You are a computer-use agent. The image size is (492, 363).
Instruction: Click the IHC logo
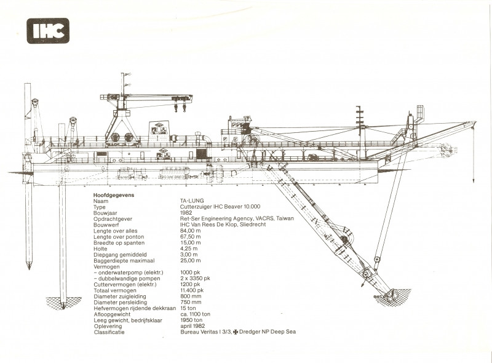click(x=48, y=31)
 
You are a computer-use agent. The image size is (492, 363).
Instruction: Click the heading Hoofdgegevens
click(x=114, y=195)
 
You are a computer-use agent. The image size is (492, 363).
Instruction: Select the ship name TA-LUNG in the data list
click(x=192, y=201)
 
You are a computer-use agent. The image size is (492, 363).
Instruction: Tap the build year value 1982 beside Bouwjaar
click(x=186, y=213)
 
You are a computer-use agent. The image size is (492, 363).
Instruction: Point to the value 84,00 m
click(x=191, y=231)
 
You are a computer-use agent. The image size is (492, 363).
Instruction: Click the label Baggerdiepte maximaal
click(x=124, y=261)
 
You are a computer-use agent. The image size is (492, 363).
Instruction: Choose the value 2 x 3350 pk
click(x=195, y=278)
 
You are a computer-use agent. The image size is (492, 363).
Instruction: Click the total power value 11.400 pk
click(x=192, y=290)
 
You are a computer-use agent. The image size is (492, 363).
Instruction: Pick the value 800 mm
click(x=191, y=296)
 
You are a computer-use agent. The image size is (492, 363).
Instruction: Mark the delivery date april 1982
click(x=192, y=326)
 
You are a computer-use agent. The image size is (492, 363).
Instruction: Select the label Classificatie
click(x=109, y=332)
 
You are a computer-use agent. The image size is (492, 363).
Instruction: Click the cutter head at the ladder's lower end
click(x=391, y=295)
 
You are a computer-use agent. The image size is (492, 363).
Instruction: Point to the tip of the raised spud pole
click(x=29, y=267)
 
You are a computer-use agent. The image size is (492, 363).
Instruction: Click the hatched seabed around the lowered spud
click(x=63, y=303)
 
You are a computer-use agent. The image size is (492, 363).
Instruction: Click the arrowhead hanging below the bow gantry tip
click(x=474, y=180)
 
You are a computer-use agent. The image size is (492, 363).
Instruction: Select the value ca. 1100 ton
click(x=195, y=314)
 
